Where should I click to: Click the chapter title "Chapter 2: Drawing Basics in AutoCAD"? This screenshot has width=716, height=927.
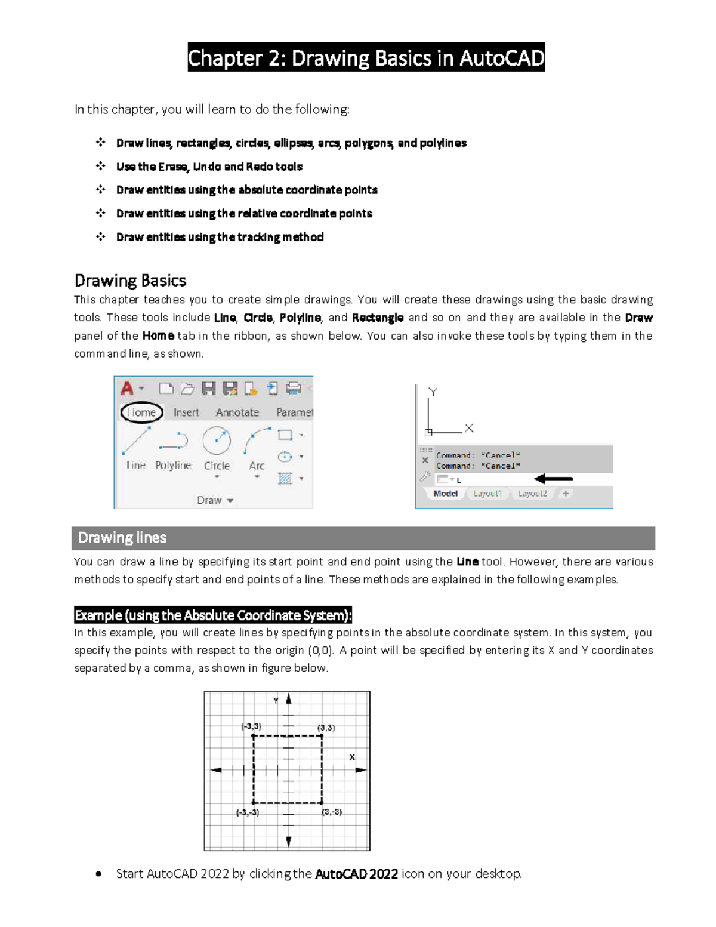click(x=366, y=58)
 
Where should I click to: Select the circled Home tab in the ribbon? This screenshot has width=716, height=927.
click(x=141, y=412)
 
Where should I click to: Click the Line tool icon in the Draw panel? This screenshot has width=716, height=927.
click(x=136, y=441)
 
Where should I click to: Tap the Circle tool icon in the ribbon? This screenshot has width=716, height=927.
click(x=217, y=441)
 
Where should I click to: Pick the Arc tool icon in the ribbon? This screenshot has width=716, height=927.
click(x=257, y=441)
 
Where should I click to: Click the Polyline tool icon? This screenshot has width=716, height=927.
click(x=174, y=442)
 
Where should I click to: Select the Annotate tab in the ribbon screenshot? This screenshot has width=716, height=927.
click(x=237, y=412)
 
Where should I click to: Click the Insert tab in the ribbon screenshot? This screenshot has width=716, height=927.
click(x=186, y=412)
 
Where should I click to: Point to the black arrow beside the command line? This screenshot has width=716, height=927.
click(x=553, y=479)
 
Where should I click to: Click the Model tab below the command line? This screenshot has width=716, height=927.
click(x=445, y=494)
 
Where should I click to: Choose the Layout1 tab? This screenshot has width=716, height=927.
click(x=487, y=494)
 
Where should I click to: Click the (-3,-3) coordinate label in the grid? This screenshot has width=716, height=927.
click(x=248, y=812)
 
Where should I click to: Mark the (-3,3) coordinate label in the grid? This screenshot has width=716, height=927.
click(x=251, y=726)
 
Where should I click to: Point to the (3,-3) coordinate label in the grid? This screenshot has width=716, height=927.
click(x=332, y=812)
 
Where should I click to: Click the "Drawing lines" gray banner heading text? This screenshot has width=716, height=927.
click(x=122, y=538)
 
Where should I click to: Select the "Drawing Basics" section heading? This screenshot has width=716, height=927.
click(x=130, y=281)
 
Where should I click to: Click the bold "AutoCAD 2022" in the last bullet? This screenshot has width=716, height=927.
click(x=356, y=874)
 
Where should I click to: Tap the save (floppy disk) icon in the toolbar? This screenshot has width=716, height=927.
click(x=208, y=389)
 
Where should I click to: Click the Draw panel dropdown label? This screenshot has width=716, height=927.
click(x=215, y=500)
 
